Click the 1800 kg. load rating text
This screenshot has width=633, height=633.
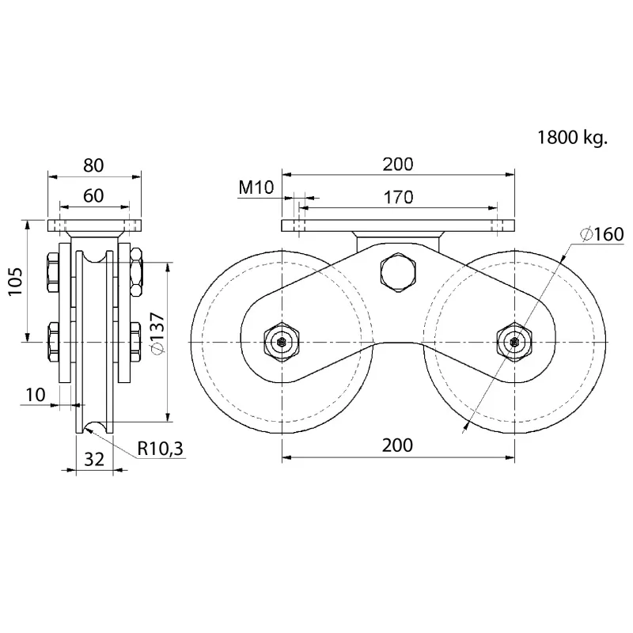[x=572, y=138]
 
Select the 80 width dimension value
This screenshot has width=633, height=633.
[x=93, y=165]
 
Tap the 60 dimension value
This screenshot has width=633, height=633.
[x=93, y=195]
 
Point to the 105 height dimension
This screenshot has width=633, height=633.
[x=16, y=281]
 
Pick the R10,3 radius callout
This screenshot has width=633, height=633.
[x=161, y=448]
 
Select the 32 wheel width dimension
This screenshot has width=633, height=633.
[x=94, y=460]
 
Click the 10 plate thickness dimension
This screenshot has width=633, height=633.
[x=36, y=395]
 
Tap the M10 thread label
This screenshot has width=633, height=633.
[x=256, y=188]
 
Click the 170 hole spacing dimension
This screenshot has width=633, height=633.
[x=399, y=197]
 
